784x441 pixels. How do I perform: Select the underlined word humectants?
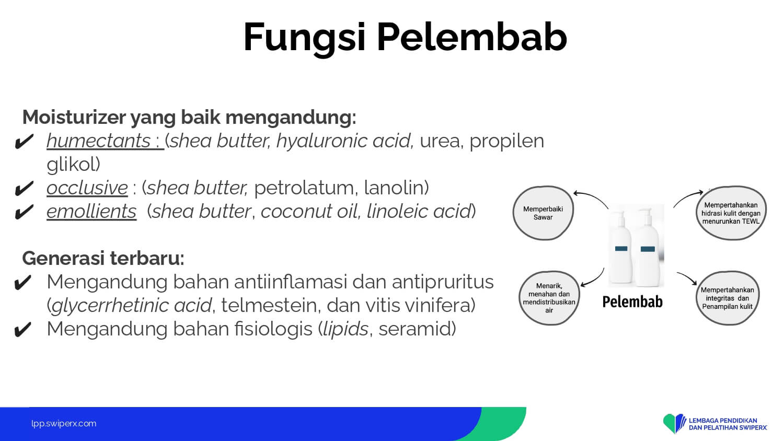click(x=99, y=141)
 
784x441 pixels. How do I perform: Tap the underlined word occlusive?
click(x=87, y=188)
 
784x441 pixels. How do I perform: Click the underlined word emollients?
click(x=91, y=212)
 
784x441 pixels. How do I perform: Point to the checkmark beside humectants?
click(x=24, y=142)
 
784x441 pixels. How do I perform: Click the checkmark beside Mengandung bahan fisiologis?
click(x=23, y=329)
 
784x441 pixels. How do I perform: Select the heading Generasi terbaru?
click(x=103, y=258)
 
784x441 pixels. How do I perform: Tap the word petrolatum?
click(x=304, y=188)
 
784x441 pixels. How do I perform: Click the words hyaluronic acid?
click(x=343, y=141)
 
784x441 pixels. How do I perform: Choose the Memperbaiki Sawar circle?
click(x=543, y=213)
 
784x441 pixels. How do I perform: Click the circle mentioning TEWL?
click(x=731, y=213)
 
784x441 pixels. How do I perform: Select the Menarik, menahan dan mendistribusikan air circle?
click(x=549, y=298)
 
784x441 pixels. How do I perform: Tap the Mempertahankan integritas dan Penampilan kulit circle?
click(x=728, y=298)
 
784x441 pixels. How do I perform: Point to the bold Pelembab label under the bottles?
click(x=632, y=301)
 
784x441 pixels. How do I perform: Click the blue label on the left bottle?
click(x=621, y=249)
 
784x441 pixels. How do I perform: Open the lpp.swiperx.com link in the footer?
click(x=64, y=424)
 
